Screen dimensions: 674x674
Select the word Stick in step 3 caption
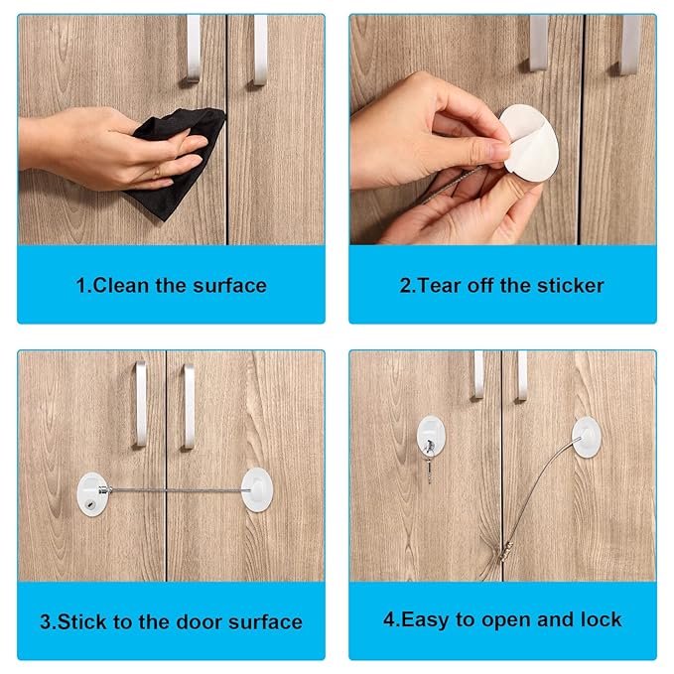[81, 622]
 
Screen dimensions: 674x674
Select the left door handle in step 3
[142, 403]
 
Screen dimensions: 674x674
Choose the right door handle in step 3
[188, 405]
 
